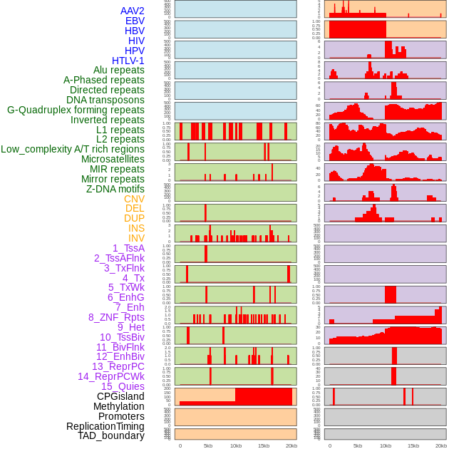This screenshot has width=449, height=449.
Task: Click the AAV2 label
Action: (132, 11)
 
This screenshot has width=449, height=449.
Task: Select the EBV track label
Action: (135, 21)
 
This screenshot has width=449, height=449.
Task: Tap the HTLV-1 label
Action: (128, 61)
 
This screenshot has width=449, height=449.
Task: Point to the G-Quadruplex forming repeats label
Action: (76, 110)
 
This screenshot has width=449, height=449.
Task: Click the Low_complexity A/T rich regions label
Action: (73, 149)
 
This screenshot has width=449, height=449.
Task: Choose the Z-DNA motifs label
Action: (115, 189)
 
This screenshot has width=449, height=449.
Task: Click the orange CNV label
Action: (134, 199)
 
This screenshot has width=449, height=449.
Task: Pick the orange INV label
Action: (136, 238)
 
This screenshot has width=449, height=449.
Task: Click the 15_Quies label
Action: (123, 386)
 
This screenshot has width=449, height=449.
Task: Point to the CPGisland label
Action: (120, 396)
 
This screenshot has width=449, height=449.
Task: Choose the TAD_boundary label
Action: (110, 435)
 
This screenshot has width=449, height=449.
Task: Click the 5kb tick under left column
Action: (208, 445)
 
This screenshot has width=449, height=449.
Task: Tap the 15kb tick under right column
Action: (413, 445)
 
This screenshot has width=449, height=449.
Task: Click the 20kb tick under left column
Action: (291, 445)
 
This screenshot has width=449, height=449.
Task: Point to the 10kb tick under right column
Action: (386, 445)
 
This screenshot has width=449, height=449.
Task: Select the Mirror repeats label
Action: (113, 179)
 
